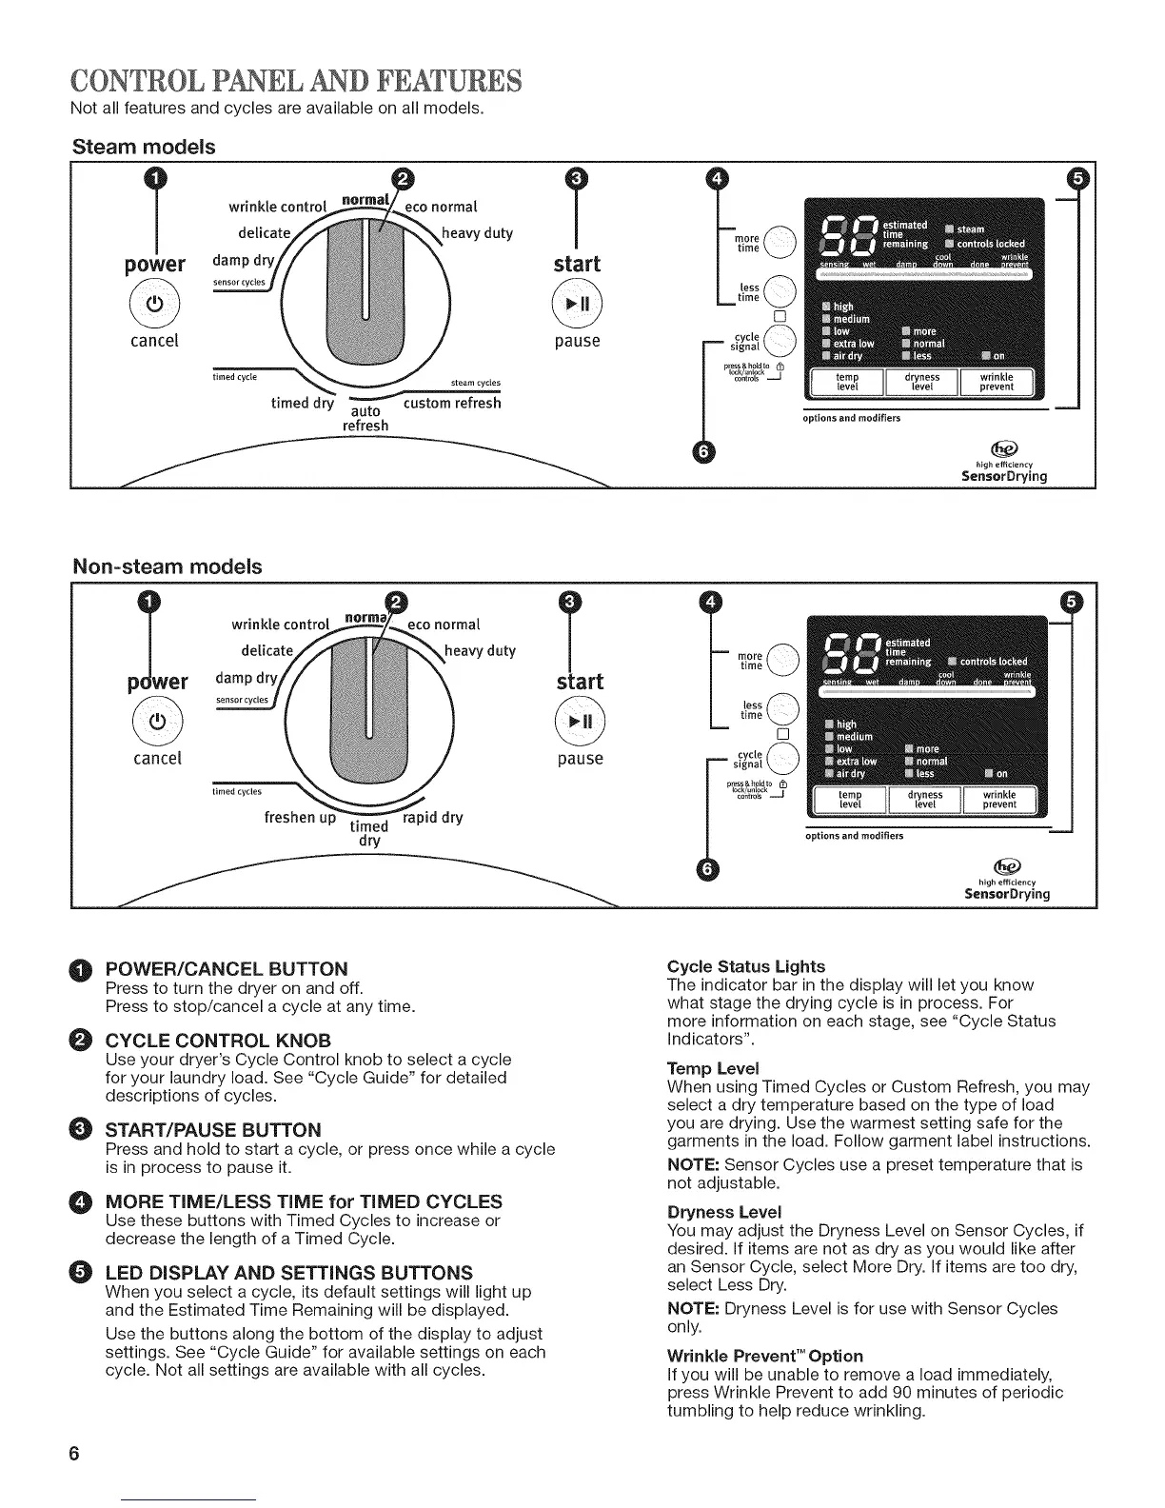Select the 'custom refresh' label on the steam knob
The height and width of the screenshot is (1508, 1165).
[452, 403]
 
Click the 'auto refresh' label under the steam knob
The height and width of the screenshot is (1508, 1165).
[365, 418]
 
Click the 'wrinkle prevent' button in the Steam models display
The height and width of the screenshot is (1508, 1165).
[997, 382]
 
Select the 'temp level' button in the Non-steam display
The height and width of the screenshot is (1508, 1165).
[849, 800]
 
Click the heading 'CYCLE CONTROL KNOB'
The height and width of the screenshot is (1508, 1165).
[218, 1040]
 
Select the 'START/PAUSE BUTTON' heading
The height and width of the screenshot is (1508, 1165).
[213, 1130]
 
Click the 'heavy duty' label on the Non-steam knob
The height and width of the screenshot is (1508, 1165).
[481, 651]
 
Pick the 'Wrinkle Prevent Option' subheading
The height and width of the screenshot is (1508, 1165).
[765, 1355]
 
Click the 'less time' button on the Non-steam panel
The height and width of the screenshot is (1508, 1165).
[781, 709]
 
